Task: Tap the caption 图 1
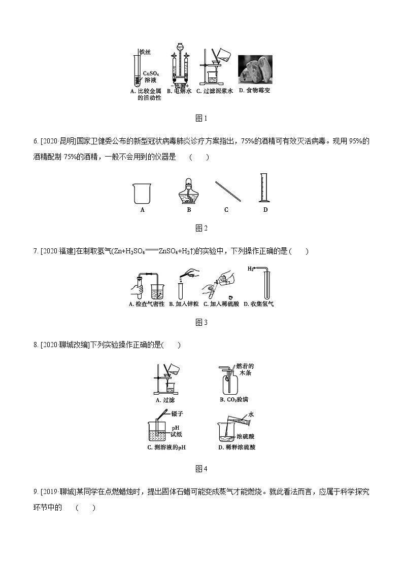pyautogui.click(x=201, y=118)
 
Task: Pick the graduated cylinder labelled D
pyautogui.click(x=263, y=188)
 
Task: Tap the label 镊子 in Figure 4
pyautogui.click(x=177, y=413)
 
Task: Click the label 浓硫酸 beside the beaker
pyautogui.click(x=247, y=436)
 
